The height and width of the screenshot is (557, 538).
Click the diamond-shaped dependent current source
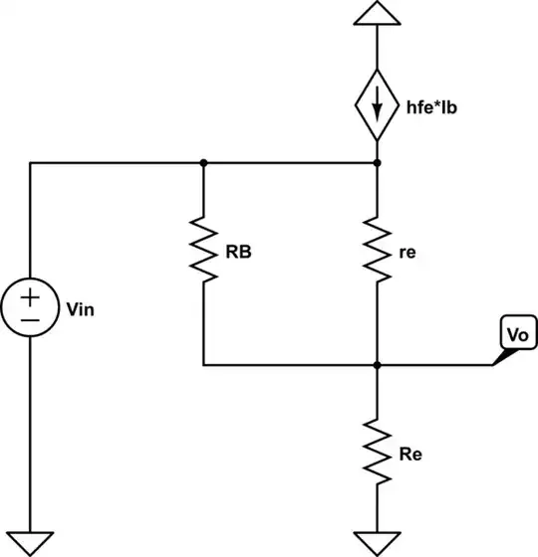pyautogui.click(x=377, y=103)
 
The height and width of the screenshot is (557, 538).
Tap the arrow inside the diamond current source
pyautogui.click(x=377, y=103)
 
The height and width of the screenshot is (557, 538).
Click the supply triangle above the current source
pyautogui.click(x=377, y=14)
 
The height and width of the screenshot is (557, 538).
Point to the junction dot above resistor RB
pyautogui.click(x=203, y=162)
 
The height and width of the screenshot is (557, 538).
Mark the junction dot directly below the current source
pyautogui.click(x=377, y=162)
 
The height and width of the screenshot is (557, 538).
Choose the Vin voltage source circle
pyautogui.click(x=30, y=307)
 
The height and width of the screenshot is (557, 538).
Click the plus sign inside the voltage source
pyautogui.click(x=30, y=295)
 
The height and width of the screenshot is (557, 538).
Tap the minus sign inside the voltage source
pyautogui.click(x=30, y=320)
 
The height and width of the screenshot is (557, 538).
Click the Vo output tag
pyautogui.click(x=514, y=335)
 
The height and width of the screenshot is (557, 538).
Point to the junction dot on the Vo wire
pyautogui.click(x=377, y=365)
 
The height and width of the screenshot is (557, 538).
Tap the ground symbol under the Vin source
pyautogui.click(x=30, y=543)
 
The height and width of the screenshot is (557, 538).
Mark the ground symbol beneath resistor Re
pyautogui.click(x=377, y=543)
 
